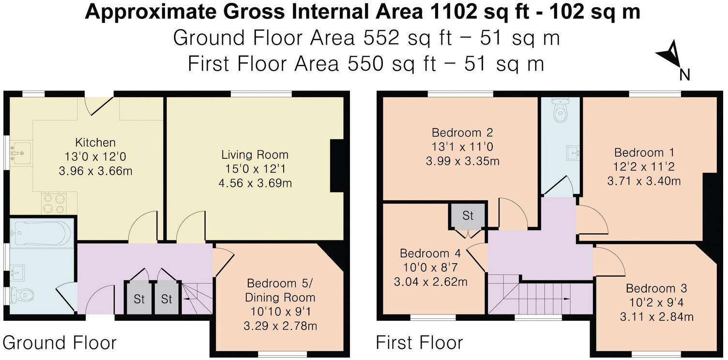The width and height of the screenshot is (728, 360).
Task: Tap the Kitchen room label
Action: click(95, 142)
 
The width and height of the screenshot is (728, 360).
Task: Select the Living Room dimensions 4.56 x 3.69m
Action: click(255, 183)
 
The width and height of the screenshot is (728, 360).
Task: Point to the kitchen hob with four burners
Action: click(53, 203)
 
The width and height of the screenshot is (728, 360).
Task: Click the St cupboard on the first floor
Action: click(468, 215)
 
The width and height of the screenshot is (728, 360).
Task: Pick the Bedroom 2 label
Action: click(462, 132)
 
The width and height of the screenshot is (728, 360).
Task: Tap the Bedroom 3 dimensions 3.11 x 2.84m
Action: click(656, 317)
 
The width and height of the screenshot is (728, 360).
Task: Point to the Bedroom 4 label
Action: click(430, 254)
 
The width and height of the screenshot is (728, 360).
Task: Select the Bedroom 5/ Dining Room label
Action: click(280, 290)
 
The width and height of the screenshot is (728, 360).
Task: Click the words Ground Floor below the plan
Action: click(60, 343)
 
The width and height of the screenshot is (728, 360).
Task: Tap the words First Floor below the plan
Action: click(419, 343)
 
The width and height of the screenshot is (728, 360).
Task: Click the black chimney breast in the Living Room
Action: click(337, 166)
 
